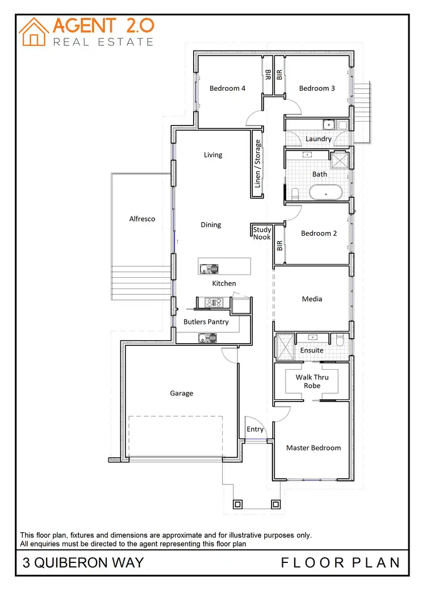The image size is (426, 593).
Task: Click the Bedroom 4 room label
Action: pos(227,88)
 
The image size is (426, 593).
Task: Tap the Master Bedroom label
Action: pos(314,448)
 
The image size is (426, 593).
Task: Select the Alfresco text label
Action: pos(142,219)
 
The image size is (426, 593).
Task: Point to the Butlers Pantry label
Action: pos(206,321)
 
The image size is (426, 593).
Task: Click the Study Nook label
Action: pos(262,233)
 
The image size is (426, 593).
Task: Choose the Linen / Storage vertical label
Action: pos(258,164)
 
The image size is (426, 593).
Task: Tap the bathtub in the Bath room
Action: pos(325,192)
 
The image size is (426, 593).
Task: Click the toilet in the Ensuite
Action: pos(340,340)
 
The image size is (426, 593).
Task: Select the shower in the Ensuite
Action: pos(283,346)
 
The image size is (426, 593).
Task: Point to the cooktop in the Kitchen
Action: pos(214,303)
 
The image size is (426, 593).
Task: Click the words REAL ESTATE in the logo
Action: pos(103,41)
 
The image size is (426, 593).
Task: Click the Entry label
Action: pos(255,429)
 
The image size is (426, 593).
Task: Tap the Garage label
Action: pos(182,393)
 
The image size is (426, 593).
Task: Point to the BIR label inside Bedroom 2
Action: pos(279,245)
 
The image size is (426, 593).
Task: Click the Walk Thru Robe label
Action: pos(312,381)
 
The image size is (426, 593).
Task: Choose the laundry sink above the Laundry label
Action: pos(328,124)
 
